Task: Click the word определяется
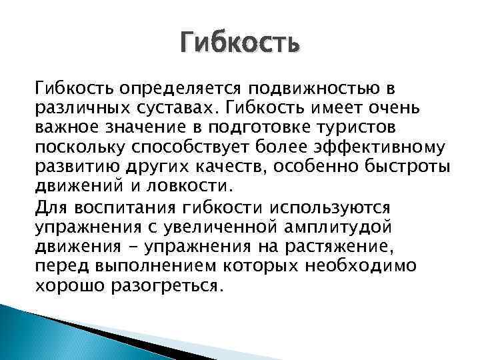[164, 89]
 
